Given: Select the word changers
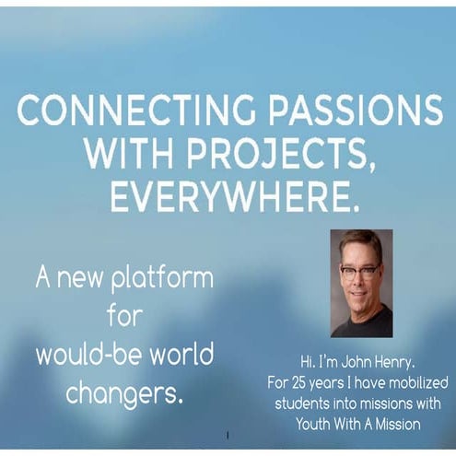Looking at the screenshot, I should [x=121, y=392].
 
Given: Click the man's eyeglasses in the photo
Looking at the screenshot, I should [x=359, y=271].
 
